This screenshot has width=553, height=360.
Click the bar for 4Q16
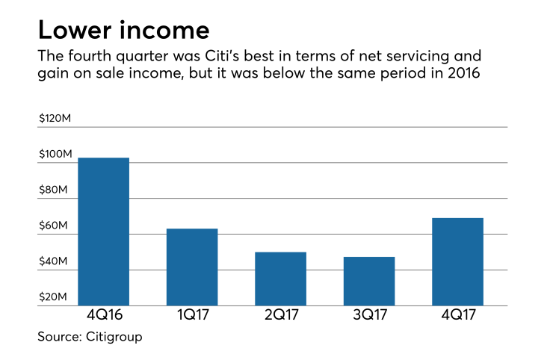point(104,232)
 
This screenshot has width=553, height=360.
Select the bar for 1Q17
point(192,267)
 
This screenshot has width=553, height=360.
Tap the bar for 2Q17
point(280,279)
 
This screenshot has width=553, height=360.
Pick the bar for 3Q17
point(369,281)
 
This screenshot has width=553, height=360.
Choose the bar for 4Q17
point(457,261)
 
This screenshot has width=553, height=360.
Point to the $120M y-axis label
point(56,118)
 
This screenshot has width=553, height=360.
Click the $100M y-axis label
point(56,154)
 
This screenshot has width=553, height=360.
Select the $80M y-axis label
point(54,190)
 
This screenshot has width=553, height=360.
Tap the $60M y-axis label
point(54,226)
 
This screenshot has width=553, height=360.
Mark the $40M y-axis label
point(54,262)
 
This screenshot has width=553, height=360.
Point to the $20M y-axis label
point(54,298)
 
